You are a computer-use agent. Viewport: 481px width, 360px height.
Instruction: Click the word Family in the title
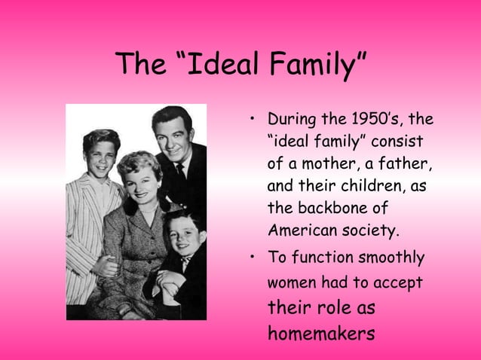point(316,66)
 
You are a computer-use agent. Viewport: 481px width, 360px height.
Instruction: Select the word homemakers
point(320,332)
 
